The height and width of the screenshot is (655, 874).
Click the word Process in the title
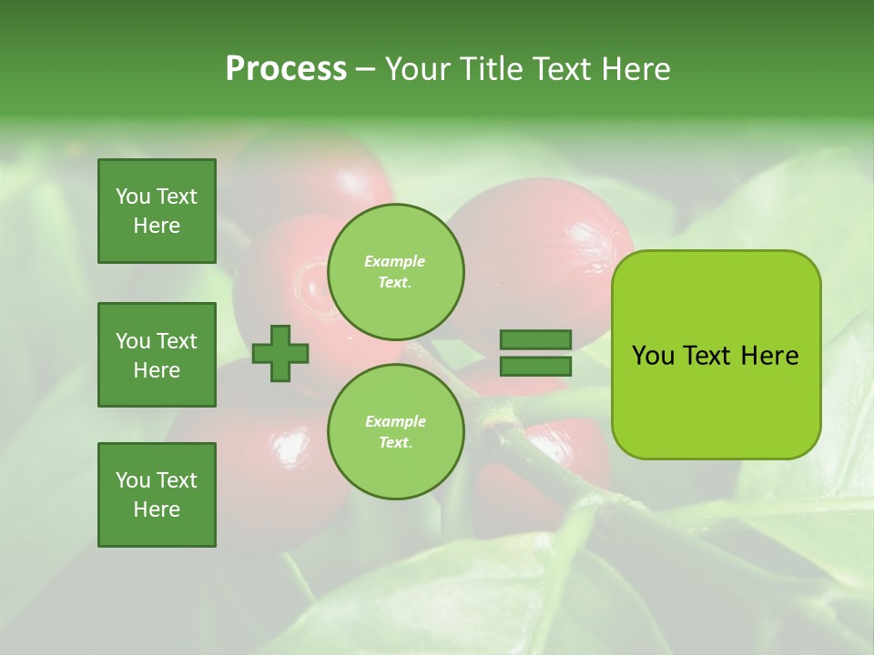point(286,69)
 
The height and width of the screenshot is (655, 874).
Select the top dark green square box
point(157,211)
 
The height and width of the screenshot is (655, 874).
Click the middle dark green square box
point(157,355)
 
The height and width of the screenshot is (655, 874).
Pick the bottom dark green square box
point(157,495)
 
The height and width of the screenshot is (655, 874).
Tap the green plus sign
point(280,353)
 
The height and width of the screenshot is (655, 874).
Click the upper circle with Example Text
point(395,272)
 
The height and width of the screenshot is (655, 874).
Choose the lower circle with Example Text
point(395,432)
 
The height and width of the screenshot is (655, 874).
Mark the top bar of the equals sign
point(535,340)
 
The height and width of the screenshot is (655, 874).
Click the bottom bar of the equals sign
point(535,367)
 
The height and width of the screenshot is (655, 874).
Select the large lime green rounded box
point(716,355)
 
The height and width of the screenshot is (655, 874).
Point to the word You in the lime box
point(653,356)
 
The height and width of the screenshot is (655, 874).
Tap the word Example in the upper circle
point(394,262)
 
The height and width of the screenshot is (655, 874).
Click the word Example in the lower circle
point(395,422)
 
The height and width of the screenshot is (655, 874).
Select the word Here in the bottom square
point(157,509)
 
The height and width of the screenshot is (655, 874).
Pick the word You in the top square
point(133,196)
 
